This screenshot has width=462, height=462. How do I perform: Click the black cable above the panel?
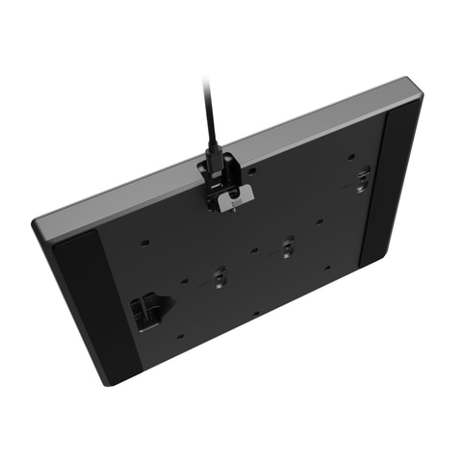[209, 111]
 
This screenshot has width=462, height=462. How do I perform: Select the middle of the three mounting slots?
[287, 247]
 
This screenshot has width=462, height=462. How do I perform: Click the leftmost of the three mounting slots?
[218, 277]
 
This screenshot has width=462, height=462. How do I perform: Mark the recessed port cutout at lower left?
[146, 312]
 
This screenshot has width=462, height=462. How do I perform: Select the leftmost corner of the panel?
[36, 226]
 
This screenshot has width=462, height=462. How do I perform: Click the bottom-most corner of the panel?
[109, 382]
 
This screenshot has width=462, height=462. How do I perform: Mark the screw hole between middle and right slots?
[321, 220]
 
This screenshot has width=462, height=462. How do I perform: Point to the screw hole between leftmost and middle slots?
[253, 251]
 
